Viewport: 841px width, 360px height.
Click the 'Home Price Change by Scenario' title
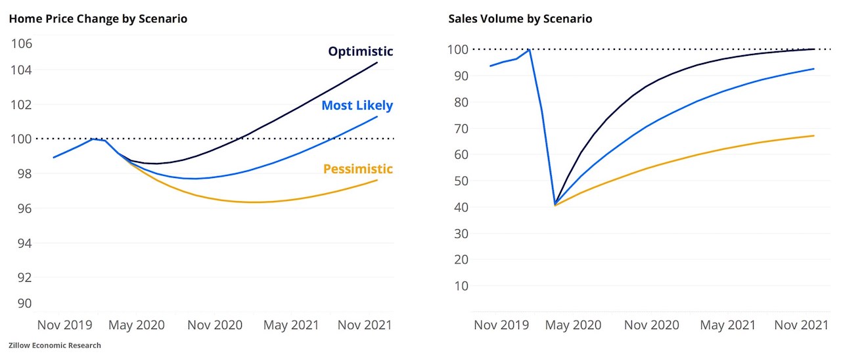(x=98, y=19)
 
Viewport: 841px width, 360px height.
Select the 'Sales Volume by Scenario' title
(x=520, y=19)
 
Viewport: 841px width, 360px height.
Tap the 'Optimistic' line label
(x=361, y=51)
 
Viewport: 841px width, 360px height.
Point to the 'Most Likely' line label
(x=357, y=105)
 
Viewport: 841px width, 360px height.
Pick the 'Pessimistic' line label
(x=357, y=169)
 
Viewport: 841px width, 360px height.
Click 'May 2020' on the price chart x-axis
(x=136, y=325)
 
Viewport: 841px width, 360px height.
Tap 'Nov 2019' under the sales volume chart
(x=501, y=325)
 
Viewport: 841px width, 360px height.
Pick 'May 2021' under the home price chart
(x=291, y=325)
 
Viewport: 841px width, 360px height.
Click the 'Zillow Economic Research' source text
(x=55, y=346)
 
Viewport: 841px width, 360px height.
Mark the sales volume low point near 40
(x=555, y=204)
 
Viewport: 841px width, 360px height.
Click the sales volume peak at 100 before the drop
(x=529, y=49)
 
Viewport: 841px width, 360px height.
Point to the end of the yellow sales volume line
(x=814, y=136)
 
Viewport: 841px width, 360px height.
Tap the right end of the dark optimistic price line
(x=377, y=62)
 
